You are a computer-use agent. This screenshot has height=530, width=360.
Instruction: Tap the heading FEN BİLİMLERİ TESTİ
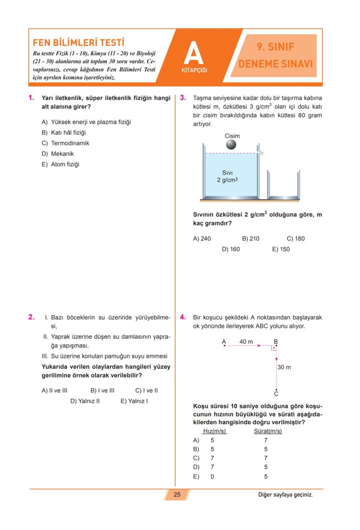[79, 43]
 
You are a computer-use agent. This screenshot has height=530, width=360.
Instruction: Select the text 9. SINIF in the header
[276, 47]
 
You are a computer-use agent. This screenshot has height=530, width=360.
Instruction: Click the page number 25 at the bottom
[177, 494]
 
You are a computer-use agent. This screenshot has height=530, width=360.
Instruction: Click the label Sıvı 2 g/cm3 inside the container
[227, 176]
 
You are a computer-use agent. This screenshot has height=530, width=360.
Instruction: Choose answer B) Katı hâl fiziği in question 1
[64, 133]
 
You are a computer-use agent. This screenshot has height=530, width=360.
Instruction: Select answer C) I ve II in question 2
[147, 390]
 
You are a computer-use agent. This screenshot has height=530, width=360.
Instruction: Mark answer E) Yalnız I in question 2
[134, 401]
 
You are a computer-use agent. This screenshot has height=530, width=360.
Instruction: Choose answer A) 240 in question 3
[202, 238]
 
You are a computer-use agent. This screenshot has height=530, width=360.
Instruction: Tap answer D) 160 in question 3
[231, 249]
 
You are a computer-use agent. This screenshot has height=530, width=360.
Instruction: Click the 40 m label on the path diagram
[246, 342]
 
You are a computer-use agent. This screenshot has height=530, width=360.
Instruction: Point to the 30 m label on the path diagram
[284, 367]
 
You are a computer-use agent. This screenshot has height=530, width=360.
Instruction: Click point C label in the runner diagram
[276, 394]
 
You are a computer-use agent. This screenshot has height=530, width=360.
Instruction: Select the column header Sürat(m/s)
[267, 431]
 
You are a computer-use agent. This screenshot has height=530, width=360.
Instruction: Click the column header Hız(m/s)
[215, 431]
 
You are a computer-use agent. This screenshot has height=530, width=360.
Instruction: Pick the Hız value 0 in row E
[212, 477]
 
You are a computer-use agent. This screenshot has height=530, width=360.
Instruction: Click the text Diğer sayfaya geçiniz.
[285, 494]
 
